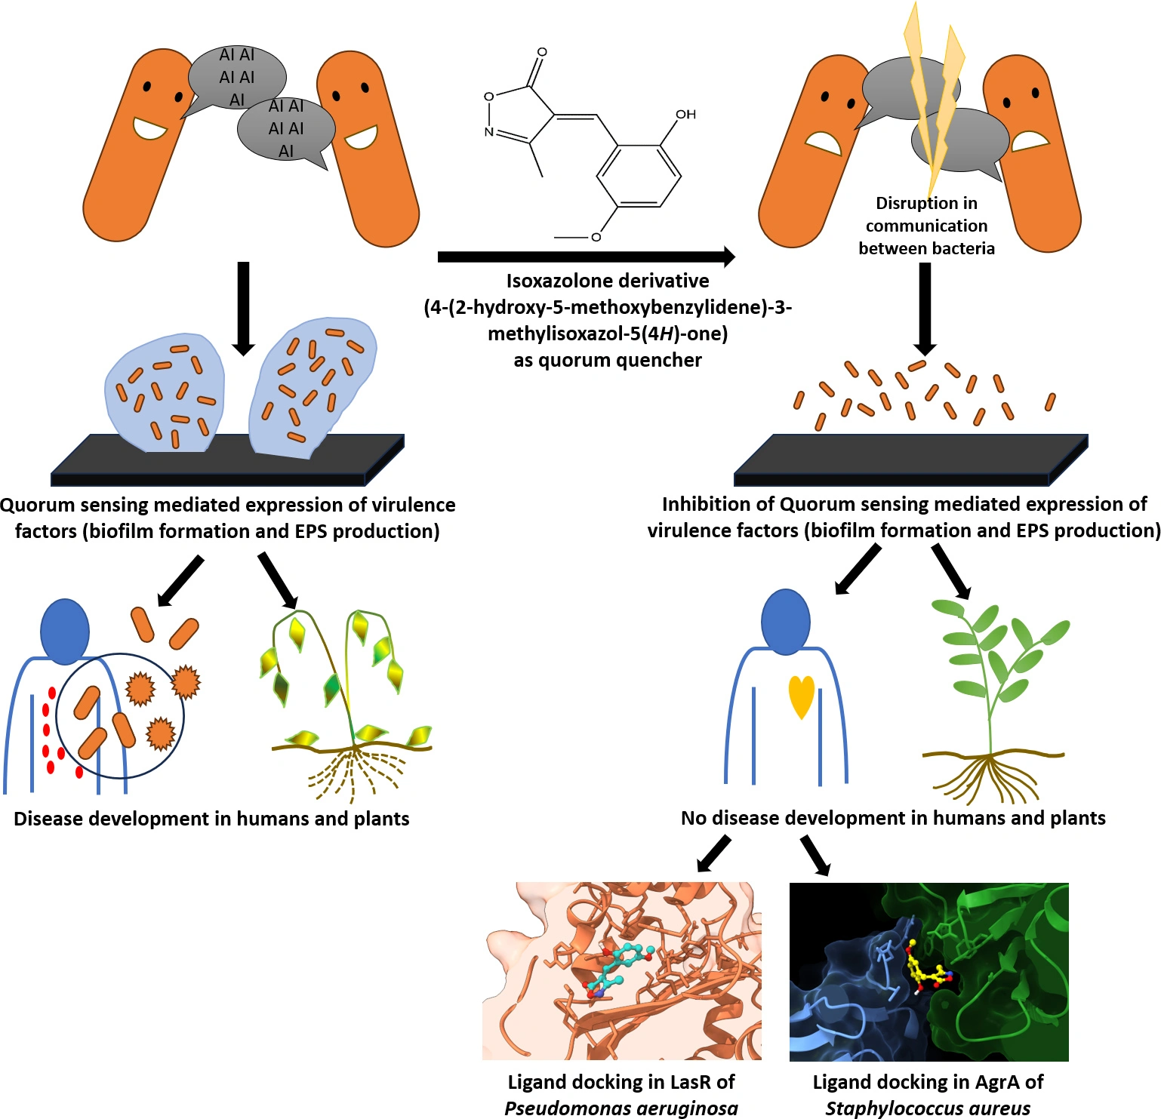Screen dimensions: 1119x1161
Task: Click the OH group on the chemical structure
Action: [x=685, y=115]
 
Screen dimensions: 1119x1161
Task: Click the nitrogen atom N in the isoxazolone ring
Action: [x=488, y=132]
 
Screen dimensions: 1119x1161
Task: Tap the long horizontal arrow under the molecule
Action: [x=586, y=257]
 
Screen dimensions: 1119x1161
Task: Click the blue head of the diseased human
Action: [x=65, y=632]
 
